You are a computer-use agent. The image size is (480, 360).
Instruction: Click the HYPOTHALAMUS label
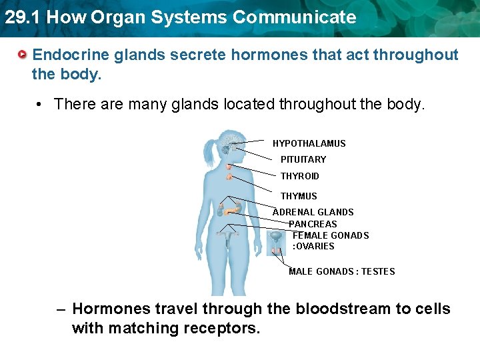[309, 143]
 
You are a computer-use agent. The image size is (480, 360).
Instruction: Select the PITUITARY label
[303, 159]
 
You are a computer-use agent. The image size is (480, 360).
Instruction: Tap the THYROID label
[299, 176]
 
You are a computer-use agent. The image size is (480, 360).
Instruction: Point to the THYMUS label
[299, 196]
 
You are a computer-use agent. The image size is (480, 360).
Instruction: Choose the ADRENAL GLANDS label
[313, 212]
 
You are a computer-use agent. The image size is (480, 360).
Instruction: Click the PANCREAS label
[313, 224]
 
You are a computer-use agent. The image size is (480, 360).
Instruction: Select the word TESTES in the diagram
[378, 271]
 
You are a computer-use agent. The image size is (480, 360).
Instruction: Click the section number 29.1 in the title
[18, 17]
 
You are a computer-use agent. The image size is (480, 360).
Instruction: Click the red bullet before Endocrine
[23, 54]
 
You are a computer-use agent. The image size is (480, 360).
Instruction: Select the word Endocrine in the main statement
[71, 55]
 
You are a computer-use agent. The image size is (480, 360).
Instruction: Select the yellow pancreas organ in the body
[231, 211]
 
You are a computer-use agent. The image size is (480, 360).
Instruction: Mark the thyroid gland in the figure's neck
[229, 177]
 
